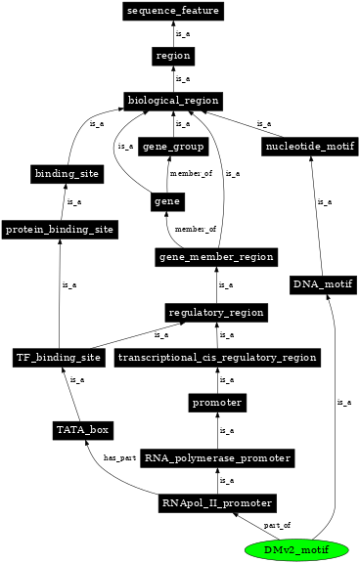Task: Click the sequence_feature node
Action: (173, 12)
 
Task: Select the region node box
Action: (173, 56)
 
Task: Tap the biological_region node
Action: (173, 101)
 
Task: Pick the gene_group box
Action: (173, 147)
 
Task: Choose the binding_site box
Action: (61, 174)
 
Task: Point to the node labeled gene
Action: (164, 201)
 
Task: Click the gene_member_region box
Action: (215, 256)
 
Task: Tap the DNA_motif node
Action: (321, 284)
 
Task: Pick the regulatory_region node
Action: (215, 312)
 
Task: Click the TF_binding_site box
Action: (59, 357)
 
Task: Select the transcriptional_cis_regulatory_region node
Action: (217, 357)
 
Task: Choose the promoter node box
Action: (216, 402)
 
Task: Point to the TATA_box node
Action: (82, 429)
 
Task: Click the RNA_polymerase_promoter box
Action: (216, 457)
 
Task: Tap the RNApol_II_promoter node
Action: (216, 503)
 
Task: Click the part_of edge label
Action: (278, 525)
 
